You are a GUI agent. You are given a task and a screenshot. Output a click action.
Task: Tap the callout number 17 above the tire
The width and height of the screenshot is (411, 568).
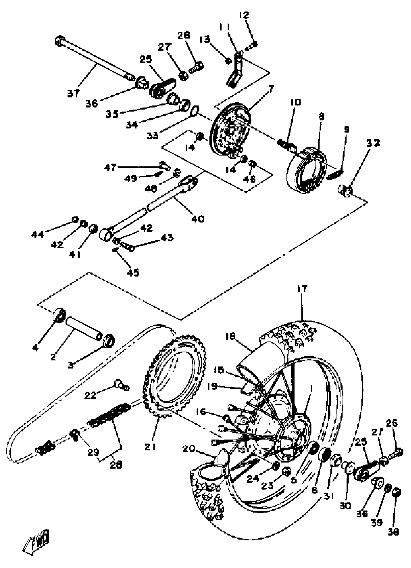302,289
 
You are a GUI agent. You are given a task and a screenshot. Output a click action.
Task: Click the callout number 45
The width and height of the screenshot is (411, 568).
133,272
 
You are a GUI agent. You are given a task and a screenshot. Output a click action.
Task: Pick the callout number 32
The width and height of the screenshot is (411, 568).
373,143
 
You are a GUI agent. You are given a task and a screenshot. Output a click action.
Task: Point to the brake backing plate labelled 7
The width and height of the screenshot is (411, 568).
230,133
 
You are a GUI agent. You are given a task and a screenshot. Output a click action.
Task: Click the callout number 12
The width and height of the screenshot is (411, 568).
243,15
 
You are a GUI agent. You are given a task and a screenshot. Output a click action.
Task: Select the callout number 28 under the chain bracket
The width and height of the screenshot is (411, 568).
116,464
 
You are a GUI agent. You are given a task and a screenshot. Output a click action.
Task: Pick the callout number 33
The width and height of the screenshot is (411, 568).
153,135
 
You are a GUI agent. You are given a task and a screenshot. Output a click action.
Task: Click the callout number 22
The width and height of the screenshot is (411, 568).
90,395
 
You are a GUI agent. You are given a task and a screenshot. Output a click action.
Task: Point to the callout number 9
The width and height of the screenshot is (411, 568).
347,129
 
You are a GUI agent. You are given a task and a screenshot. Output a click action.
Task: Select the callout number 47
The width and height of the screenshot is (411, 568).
110,167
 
